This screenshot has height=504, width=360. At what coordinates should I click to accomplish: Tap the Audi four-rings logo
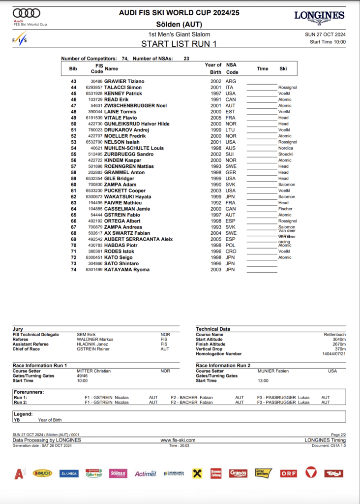[x=27, y=13]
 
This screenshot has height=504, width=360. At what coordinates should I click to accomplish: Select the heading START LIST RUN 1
[x=179, y=43]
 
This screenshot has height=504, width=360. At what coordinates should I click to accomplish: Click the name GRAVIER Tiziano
[x=124, y=81]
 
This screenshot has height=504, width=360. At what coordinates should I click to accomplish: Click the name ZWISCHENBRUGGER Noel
[x=135, y=106]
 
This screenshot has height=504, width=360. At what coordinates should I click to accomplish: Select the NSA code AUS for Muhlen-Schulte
[x=230, y=148]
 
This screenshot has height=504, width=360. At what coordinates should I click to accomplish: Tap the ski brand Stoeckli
[x=287, y=155]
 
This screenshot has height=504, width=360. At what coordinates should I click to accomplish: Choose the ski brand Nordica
[x=286, y=148]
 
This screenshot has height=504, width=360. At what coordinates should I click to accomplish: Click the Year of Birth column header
[x=213, y=68]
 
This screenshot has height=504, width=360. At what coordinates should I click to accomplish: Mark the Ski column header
[x=283, y=69]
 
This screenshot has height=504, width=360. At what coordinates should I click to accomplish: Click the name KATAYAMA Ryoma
[x=126, y=270]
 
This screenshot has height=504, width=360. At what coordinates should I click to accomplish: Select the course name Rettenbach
[x=334, y=334]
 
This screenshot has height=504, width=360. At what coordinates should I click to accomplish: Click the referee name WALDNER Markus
[x=95, y=339]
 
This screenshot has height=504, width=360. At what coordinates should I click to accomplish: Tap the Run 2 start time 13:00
[x=263, y=380]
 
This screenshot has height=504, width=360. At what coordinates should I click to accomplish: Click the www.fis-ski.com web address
[x=178, y=440]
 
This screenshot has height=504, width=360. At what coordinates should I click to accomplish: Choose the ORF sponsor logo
[x=289, y=473]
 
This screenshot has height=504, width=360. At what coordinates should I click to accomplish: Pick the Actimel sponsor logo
[x=146, y=473]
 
